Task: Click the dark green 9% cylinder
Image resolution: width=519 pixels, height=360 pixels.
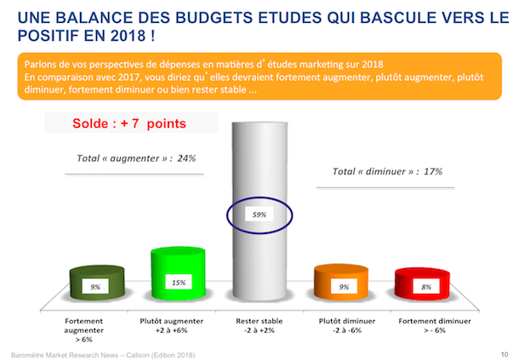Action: (97, 282)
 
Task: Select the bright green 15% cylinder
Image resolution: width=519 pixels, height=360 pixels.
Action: (178, 273)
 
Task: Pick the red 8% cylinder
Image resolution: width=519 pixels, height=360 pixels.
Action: (422, 283)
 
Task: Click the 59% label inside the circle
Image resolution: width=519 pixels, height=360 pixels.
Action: (259, 214)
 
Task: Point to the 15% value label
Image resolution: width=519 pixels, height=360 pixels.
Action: (179, 283)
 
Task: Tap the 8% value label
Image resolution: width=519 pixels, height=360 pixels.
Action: (426, 287)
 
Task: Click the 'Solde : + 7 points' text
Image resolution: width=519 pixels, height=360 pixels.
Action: (129, 123)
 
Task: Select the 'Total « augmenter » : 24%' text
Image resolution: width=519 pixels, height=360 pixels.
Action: (136, 158)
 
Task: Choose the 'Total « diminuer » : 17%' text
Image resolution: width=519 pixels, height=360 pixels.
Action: (387, 171)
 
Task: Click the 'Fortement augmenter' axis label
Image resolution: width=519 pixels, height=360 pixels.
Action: (83, 325)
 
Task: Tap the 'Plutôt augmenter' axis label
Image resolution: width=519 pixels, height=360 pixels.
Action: (172, 321)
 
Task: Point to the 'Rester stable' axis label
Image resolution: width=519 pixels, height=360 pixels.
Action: (259, 321)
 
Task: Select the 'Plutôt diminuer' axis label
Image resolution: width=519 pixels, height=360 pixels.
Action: (347, 321)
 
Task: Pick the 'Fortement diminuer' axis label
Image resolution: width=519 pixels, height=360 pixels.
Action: (435, 321)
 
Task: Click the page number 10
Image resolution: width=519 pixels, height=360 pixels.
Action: (505, 354)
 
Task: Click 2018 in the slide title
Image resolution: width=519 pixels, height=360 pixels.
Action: (128, 36)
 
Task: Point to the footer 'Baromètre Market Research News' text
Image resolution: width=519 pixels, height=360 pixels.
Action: (65, 355)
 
